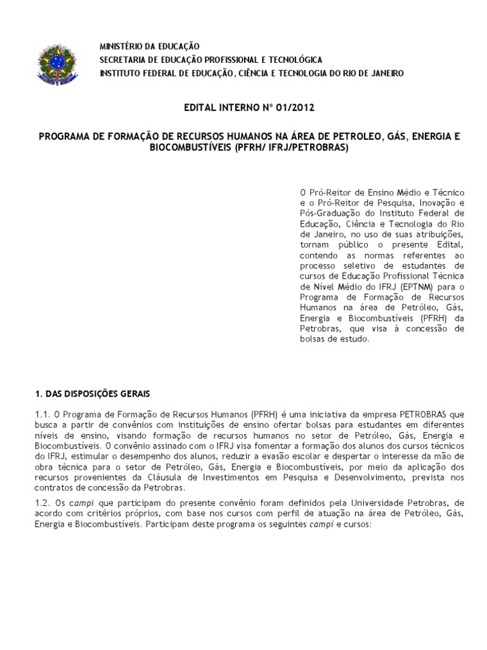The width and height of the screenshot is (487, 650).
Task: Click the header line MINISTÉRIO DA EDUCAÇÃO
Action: (x=149, y=46)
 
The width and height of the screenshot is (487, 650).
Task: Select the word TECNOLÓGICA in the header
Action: (x=293, y=60)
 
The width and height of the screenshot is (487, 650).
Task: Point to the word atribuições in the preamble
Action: (x=438, y=234)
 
